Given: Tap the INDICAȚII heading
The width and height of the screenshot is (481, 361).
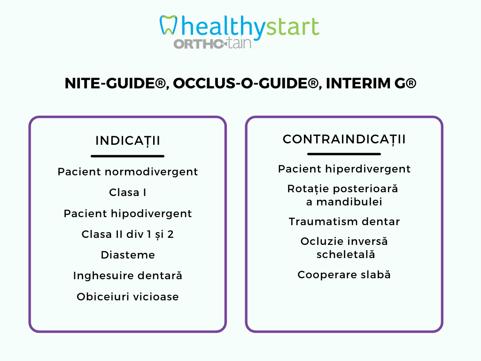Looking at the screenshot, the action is point(128,141).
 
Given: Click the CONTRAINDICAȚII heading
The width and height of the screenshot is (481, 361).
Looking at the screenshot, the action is point(344,139).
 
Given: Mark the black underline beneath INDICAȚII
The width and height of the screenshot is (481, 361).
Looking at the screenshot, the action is point(128,156).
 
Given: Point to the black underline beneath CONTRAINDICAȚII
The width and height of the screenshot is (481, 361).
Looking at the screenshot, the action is point(344,154).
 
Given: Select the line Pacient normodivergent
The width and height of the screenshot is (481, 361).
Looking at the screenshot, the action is point(128,172).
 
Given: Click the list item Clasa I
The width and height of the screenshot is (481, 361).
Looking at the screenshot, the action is point(128,192).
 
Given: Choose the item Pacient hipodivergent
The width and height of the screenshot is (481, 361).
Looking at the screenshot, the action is point(128,214).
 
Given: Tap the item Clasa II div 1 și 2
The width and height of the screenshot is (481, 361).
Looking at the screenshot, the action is point(128,235).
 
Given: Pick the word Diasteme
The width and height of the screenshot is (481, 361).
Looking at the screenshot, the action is point(128,255).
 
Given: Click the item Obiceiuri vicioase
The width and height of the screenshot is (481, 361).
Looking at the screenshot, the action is point(128,297).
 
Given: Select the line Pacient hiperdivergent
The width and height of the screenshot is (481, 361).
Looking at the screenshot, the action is point(344,169).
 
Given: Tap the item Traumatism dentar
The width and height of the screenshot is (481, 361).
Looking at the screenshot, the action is point(344,222).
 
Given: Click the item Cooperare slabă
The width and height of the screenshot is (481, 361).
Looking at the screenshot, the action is point(344,275).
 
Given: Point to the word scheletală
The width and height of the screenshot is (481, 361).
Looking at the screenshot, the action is point(346,254).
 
